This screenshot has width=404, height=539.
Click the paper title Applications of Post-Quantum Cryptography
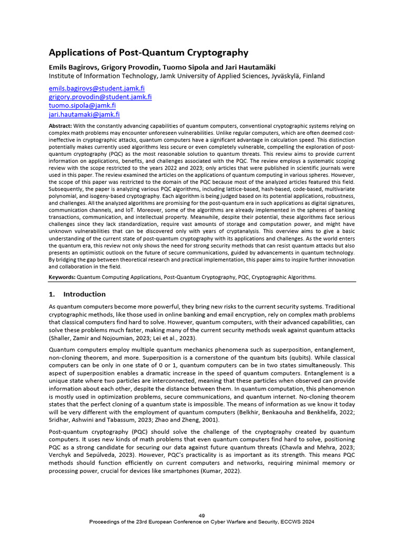coord(148,53)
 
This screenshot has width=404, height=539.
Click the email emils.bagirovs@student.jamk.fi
coord(96,89)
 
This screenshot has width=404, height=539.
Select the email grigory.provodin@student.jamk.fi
coord(100,97)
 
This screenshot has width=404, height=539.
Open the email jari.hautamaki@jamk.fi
coord(84,114)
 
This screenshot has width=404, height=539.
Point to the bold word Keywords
coord(62,276)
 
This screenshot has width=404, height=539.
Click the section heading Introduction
coord(84,294)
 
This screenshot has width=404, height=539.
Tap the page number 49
coord(202,515)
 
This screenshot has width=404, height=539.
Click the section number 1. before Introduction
coord(52,294)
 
